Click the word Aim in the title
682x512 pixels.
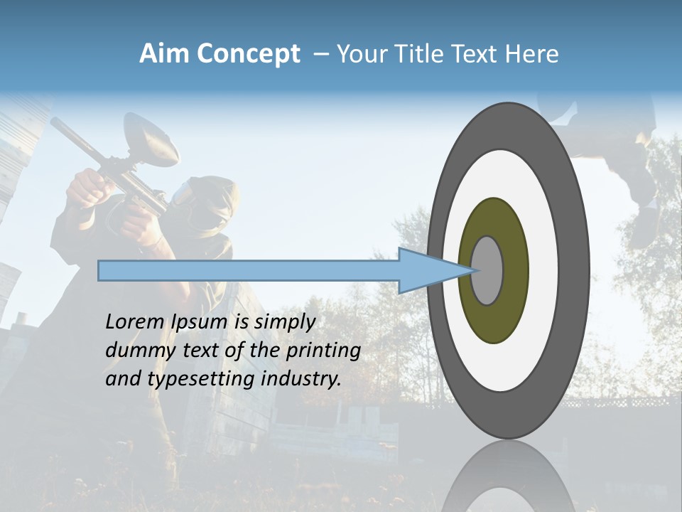[x=164, y=54]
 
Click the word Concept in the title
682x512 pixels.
[x=248, y=54]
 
